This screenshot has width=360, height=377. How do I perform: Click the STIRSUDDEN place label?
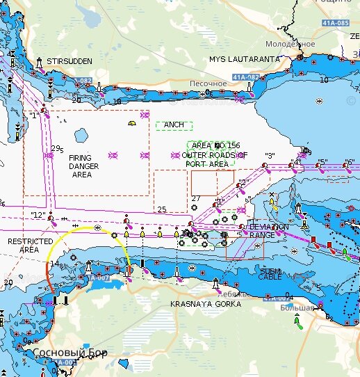pos(69,61)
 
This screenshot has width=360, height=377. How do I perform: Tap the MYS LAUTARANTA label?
pos(245,60)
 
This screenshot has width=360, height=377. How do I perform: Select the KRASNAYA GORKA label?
pos(206,305)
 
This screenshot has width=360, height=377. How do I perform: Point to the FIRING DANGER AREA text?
pos(84,166)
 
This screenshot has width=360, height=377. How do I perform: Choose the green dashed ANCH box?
pos(174,125)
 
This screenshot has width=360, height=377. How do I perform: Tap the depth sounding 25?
pos(162,209)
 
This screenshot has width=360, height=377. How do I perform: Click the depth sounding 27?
pos(195,199)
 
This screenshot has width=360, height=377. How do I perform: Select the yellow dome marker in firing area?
pos(131,123)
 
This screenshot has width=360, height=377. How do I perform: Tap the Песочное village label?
pos(208,83)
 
